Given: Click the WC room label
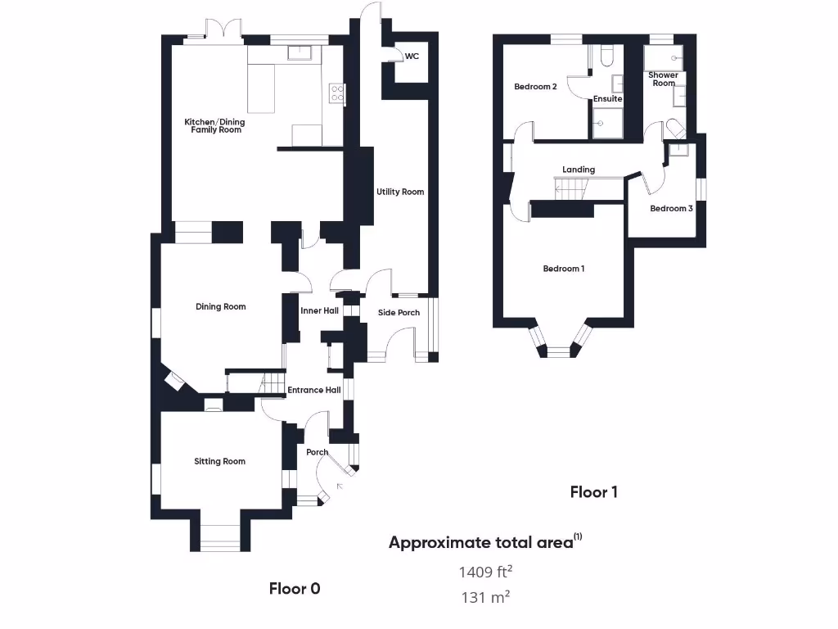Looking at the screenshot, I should click(412, 57).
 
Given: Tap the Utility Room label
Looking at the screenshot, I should click(400, 192).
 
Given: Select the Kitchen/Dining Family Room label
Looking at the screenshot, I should click(214, 126).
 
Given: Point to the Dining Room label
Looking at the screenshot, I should click(221, 307).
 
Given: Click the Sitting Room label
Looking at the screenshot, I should click(219, 462).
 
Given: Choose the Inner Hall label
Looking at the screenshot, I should click(319, 311).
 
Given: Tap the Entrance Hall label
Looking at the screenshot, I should click(313, 391).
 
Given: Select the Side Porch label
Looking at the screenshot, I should click(399, 313).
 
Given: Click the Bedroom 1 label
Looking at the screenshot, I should click(564, 269).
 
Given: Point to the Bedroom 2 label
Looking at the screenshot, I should click(535, 87).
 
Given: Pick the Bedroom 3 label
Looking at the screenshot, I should click(671, 209).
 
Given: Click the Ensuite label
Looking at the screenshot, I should click(607, 99).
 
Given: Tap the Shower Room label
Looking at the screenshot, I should click(663, 79).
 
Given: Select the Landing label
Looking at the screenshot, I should click(579, 170).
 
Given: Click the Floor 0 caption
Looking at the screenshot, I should click(295, 588).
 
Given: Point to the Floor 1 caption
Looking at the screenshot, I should click(593, 492).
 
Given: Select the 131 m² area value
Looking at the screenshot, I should click(485, 597).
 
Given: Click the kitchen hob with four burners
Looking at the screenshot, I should click(336, 93).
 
